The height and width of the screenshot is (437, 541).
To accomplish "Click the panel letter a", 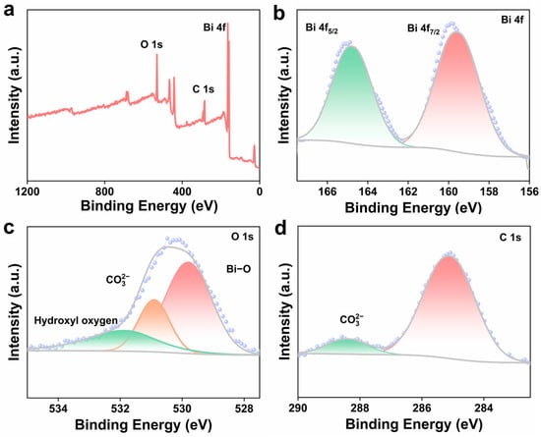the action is [x=9, y=11].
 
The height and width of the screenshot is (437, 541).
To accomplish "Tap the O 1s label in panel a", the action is [x=151, y=44].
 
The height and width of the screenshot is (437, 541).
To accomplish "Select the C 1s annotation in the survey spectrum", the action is [x=204, y=89].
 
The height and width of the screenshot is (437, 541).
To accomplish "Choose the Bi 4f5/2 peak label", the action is [x=322, y=28].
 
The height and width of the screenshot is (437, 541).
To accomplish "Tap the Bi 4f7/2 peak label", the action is [x=423, y=28].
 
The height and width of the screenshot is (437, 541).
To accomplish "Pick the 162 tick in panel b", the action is [x=408, y=191].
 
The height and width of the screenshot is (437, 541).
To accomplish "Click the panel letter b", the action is [x=278, y=12].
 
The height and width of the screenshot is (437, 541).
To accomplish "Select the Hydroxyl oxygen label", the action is [x=76, y=320].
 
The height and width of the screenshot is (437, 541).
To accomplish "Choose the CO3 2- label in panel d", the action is [x=352, y=319].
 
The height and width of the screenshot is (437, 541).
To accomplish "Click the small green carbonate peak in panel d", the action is [x=348, y=346].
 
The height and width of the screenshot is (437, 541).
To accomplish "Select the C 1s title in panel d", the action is [x=510, y=238].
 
